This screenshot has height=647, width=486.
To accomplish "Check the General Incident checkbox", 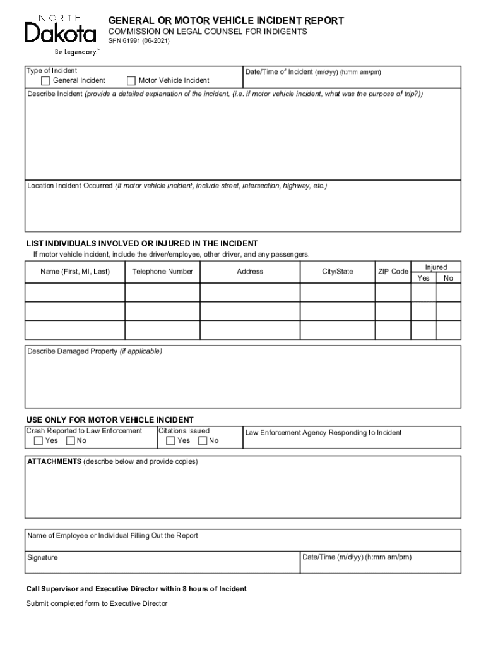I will coord(45,81).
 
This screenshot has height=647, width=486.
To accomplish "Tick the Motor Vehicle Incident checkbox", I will coord(131,81).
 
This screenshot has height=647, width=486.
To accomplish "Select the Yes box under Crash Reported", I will coord(39,441).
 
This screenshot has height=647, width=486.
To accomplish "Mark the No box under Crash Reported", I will coord(70,441).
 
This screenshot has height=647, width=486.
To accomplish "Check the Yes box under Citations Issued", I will coord(170,441).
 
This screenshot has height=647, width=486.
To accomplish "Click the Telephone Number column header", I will coord(162,272).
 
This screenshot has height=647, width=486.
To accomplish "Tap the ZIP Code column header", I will coord(393,272).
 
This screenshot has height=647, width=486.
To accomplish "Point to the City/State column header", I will coord(337,272).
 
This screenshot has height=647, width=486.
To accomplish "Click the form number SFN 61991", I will coord(138,41).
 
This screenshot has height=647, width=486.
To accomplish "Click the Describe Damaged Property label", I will coord(72,351).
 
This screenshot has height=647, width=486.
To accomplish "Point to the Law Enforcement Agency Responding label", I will coord(323,433).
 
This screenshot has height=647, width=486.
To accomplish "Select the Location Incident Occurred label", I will coord(69,186).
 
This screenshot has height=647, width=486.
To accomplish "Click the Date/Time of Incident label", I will coord(278,72).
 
